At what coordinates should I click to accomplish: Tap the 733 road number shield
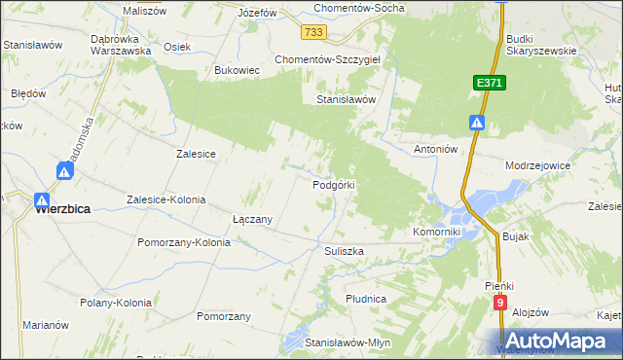click(x=312, y=33)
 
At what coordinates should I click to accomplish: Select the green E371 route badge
click(x=489, y=85)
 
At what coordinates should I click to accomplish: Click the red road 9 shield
click(x=499, y=304)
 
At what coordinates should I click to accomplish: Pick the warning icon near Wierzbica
click(x=63, y=172)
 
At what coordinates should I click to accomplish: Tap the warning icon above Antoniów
click(x=477, y=123)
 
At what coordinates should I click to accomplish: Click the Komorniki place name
click(x=436, y=233)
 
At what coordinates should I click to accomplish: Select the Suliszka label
click(x=344, y=250)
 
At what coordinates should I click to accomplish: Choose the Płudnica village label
click(x=366, y=298)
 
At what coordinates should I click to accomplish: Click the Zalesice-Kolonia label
click(x=166, y=199)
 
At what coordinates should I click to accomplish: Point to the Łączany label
click(x=251, y=220)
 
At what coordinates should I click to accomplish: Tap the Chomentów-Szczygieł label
click(x=333, y=59)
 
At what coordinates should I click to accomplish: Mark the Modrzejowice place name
click(x=537, y=165)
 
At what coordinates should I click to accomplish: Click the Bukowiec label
click(x=237, y=71)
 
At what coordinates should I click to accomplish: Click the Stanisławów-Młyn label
click(x=348, y=343)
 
